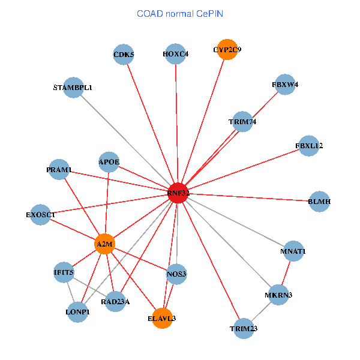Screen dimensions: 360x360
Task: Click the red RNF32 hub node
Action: [178, 193]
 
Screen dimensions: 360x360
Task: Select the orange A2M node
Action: [105, 244]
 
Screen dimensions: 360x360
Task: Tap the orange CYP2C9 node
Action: [227, 50]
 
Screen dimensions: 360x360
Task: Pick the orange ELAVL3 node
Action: [161, 318]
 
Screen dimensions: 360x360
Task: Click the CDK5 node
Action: [124, 55]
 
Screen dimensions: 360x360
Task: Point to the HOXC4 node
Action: [176, 55]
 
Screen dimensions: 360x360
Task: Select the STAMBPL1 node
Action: [73, 88]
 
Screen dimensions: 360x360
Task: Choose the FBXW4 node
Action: [285, 85]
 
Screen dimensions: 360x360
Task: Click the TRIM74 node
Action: [242, 122]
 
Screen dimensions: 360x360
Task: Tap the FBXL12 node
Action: [309, 146]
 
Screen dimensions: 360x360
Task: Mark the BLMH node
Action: [319, 202]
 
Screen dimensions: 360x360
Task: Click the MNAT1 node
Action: [293, 251]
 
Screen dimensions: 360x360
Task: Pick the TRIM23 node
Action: [244, 328]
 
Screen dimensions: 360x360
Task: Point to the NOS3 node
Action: [176, 274]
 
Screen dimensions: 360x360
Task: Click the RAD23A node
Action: [115, 302]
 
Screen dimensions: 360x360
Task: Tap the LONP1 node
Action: [78, 312]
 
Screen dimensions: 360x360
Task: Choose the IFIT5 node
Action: [64, 273]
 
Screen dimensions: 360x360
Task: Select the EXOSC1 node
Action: [41, 214]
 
